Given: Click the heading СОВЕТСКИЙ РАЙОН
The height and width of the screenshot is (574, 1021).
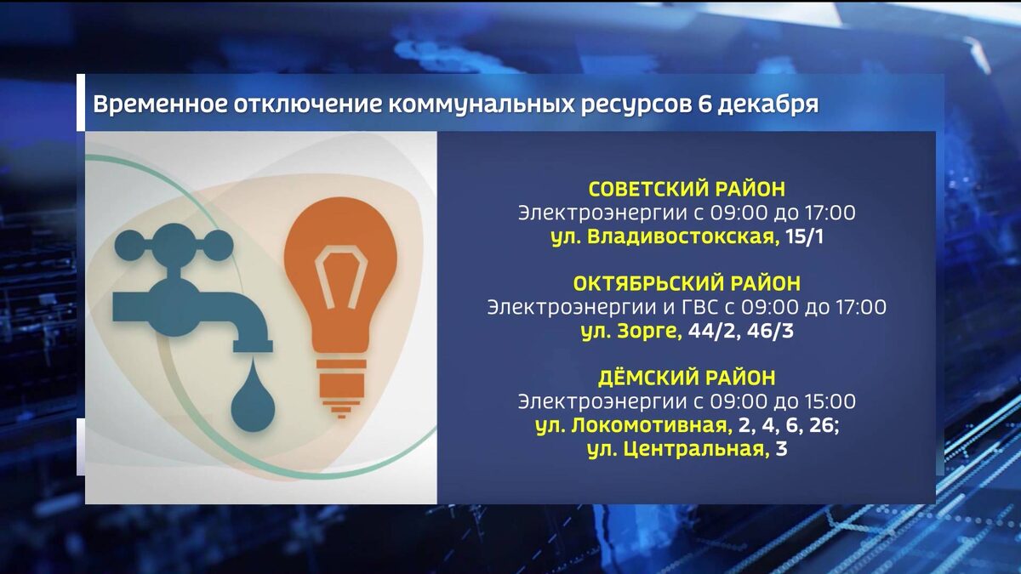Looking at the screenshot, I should pyautogui.click(x=687, y=189).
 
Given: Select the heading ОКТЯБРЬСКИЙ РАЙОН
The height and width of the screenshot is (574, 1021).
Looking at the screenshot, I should pyautogui.click(x=687, y=283).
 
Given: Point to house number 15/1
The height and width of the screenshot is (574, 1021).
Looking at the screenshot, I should pyautogui.click(x=805, y=236).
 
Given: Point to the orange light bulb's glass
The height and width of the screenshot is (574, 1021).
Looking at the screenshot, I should pyautogui.click(x=340, y=272).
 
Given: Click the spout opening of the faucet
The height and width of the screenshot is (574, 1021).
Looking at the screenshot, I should pyautogui.click(x=254, y=347).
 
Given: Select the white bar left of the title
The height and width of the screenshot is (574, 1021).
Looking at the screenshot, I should pyautogui.click(x=81, y=102).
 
